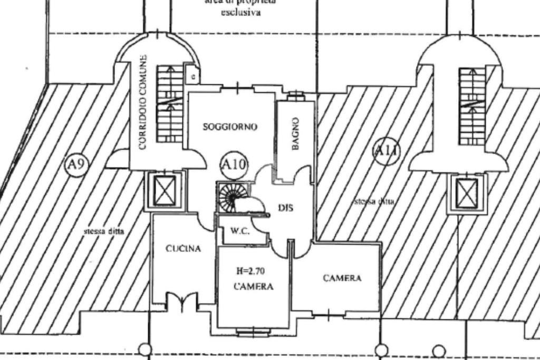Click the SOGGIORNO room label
(230, 127)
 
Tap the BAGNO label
(296, 134)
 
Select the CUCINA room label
(183, 249)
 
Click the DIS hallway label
(285, 208)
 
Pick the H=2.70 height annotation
(253, 272)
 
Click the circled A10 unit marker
(233, 163)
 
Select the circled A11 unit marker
(386, 151)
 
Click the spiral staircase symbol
(230, 197)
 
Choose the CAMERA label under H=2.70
(254, 287)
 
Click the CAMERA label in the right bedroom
(342, 278)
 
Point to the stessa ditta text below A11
(374, 201)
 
